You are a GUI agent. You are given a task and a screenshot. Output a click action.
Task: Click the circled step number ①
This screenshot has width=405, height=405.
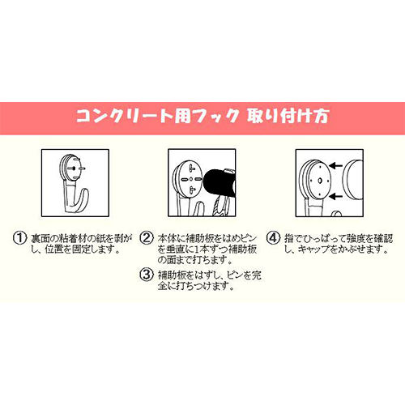click(x=20, y=238)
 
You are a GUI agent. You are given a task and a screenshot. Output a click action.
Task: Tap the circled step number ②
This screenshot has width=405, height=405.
click(x=147, y=238)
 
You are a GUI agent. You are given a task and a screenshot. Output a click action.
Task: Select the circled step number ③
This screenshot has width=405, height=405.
click(x=147, y=275)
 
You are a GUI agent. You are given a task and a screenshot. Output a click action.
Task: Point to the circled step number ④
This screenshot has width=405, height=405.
click(x=273, y=238)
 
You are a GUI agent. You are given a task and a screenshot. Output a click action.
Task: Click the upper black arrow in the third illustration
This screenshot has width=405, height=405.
click(x=336, y=166)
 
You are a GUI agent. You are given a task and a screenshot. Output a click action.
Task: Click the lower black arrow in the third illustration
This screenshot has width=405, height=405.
click(x=336, y=197)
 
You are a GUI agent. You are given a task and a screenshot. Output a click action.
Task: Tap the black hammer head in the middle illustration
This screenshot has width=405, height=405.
click(x=220, y=182)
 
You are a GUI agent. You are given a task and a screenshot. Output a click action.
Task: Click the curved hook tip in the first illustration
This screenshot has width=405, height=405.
click(x=86, y=192)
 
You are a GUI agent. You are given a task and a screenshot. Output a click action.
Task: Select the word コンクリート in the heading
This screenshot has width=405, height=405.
click(x=125, y=117)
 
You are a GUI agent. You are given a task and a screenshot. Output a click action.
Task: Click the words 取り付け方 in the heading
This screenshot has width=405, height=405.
click(x=288, y=117)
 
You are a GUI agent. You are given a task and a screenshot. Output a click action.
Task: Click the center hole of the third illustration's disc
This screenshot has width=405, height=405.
click(x=320, y=181)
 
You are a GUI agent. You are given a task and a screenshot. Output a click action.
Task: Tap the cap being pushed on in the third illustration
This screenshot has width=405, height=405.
click(x=353, y=180)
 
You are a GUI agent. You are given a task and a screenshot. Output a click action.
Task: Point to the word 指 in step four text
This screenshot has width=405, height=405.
click(x=289, y=238)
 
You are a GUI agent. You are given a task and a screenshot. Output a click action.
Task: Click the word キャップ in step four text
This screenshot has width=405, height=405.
click(x=313, y=249)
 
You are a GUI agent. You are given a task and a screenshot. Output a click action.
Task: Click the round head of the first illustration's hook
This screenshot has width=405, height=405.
click(x=71, y=168)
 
